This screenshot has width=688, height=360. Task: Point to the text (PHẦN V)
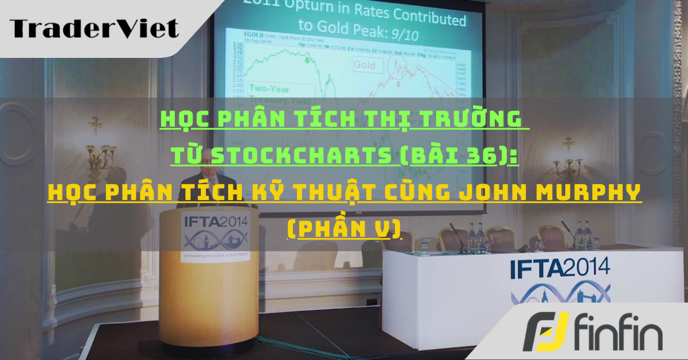343,229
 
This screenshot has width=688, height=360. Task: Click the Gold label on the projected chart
364,65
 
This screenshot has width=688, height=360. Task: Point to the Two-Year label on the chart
271,88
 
